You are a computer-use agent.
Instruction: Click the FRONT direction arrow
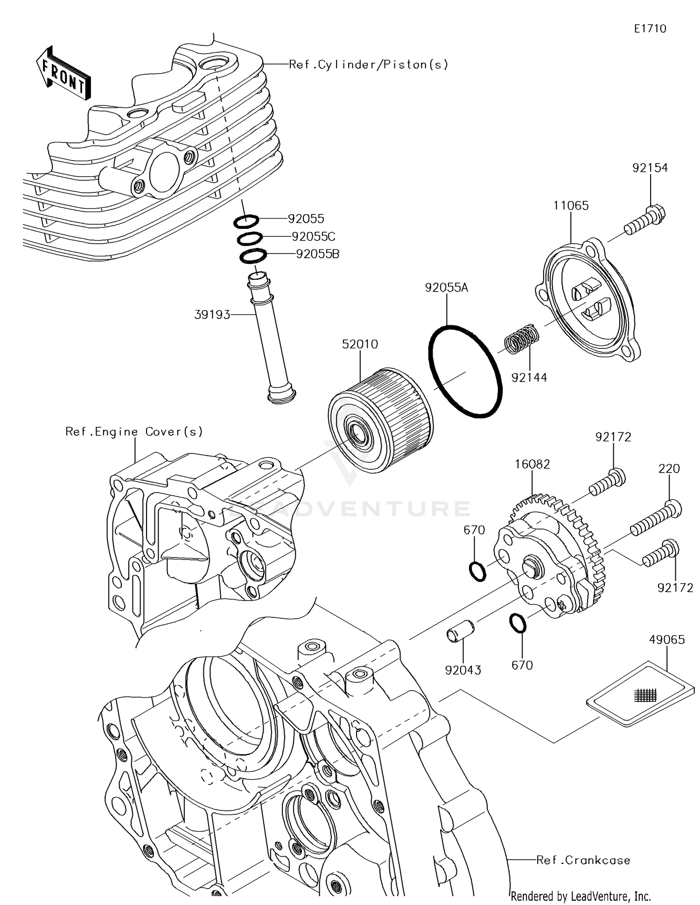click(x=63, y=73)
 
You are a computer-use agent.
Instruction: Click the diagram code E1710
click(x=650, y=29)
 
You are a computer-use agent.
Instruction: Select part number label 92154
click(x=650, y=168)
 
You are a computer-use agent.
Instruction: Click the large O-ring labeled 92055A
click(x=465, y=371)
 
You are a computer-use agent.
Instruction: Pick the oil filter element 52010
click(x=380, y=420)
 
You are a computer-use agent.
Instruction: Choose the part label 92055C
click(x=313, y=236)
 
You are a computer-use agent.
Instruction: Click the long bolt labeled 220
click(x=656, y=518)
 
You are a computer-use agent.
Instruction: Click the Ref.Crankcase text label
click(x=583, y=860)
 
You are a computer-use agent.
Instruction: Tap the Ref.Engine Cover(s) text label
click(x=134, y=431)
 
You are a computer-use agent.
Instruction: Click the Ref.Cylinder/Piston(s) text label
click(x=368, y=64)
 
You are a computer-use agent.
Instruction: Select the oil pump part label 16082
click(x=532, y=464)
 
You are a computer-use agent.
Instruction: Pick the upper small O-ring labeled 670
click(x=477, y=572)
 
